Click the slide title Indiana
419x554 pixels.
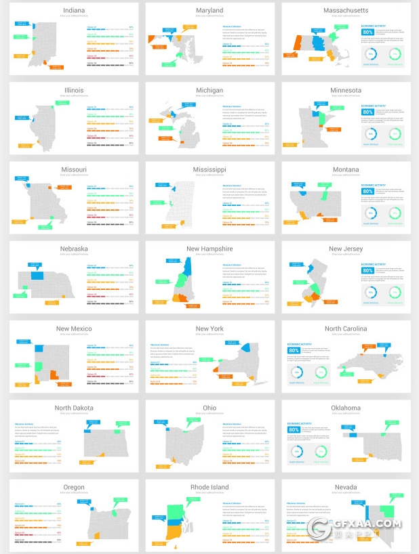pyautogui.click(x=74, y=11)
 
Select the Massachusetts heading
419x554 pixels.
pyautogui.click(x=345, y=11)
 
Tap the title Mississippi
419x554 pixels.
pyautogui.click(x=209, y=169)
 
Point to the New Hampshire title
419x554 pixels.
pyautogui.click(x=209, y=249)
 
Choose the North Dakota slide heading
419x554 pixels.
pyautogui.click(x=74, y=408)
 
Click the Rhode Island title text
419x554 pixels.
pyautogui.click(x=209, y=487)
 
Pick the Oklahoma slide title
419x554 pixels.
pyautogui.click(x=345, y=408)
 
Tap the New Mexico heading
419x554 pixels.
pyautogui.click(x=74, y=328)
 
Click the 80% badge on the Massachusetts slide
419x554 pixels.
pyautogui.click(x=367, y=32)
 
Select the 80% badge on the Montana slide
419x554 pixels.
pyautogui.click(x=367, y=191)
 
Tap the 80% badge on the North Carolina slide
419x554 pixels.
pyautogui.click(x=294, y=350)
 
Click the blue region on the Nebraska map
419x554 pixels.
pyautogui.click(x=37, y=276)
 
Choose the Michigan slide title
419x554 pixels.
pyautogui.click(x=209, y=90)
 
